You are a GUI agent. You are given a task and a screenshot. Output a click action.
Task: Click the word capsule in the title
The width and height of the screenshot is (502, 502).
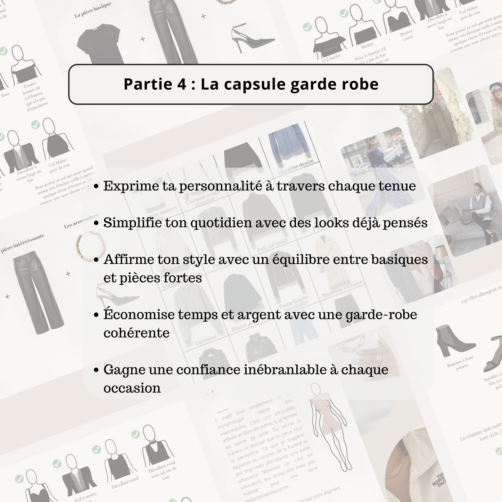[x=255, y=84]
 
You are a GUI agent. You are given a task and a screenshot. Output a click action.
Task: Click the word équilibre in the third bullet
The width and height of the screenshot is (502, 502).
[x=308, y=260]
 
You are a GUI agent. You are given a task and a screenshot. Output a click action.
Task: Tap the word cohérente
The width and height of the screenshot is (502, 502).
[x=137, y=333]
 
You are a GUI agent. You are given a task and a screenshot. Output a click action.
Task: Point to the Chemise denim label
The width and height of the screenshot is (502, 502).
[x=296, y=167]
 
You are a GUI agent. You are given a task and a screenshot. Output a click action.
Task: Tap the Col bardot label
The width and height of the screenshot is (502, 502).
[x=331, y=58]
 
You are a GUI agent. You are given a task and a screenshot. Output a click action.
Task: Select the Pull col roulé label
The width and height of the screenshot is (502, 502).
[x=272, y=246]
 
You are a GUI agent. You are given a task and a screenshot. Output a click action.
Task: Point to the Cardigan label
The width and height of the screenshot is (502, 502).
[x=206, y=340]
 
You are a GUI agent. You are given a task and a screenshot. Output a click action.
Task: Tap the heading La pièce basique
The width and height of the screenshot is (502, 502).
[x=93, y=10]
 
